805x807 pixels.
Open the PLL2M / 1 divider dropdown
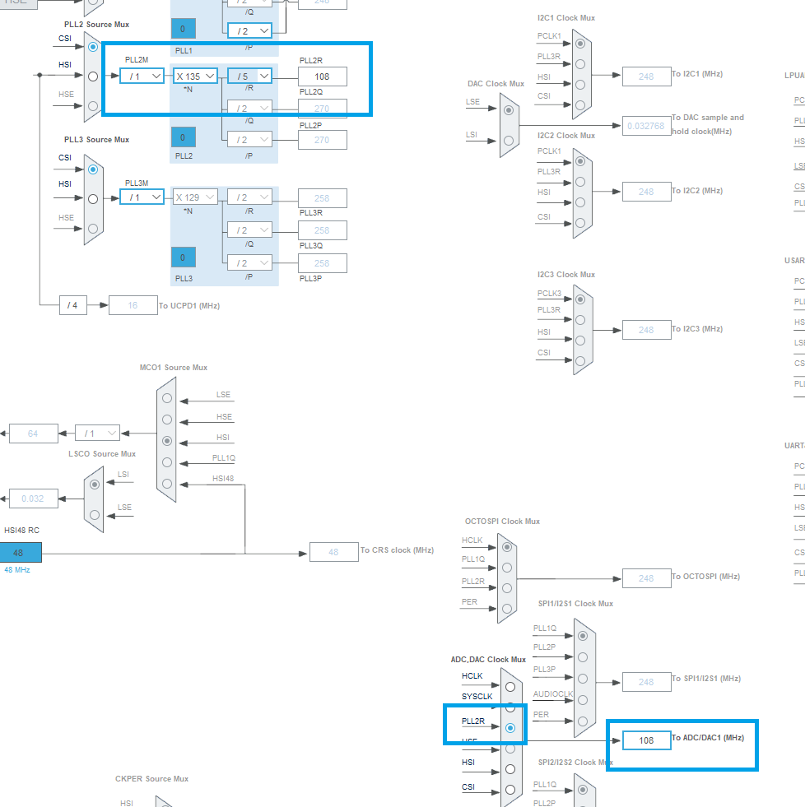[x=142, y=77]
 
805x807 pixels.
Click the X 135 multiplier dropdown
[x=195, y=77]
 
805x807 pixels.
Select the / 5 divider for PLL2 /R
[x=249, y=77]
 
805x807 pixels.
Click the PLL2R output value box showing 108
[x=322, y=77]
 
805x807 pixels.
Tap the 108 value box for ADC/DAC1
[x=646, y=740]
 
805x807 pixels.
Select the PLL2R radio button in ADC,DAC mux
[x=510, y=728]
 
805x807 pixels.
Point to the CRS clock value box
[x=333, y=552]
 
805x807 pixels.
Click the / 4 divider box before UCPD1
[x=73, y=305]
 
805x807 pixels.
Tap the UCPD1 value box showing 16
[x=133, y=305]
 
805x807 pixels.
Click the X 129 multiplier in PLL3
[x=195, y=197]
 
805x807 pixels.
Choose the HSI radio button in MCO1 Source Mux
[x=168, y=441]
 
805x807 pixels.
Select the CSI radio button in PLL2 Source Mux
[x=93, y=47]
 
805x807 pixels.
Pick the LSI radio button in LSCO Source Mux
[x=95, y=485]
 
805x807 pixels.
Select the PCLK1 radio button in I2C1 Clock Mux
[x=582, y=44]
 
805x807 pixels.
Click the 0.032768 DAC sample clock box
[x=646, y=126]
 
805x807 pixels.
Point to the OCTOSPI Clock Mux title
[x=502, y=522]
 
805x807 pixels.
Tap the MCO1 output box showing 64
[x=33, y=434]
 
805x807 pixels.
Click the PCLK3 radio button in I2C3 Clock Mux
[x=582, y=300]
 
